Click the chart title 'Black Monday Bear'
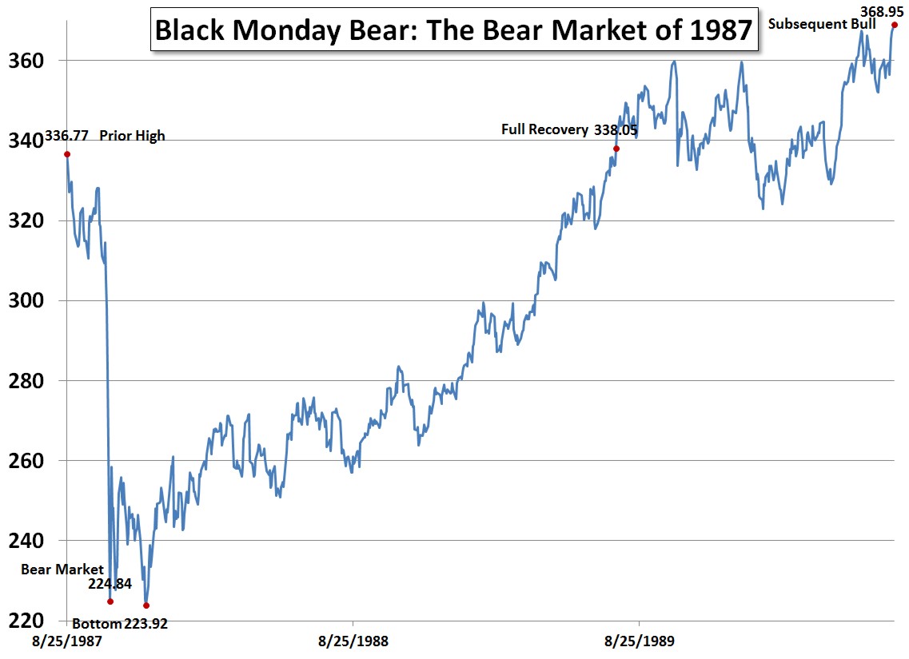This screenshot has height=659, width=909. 453,31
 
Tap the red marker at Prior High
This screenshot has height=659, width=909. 67,154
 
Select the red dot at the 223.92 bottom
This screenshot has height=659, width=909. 146,605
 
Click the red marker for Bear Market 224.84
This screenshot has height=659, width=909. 110,601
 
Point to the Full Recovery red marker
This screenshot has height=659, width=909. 616,149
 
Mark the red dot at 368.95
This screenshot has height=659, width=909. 895,25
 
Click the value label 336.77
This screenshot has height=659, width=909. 67,136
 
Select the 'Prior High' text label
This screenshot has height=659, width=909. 132,136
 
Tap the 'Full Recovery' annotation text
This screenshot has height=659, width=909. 544,129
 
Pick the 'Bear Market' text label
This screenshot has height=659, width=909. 62,569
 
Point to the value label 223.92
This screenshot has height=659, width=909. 146,624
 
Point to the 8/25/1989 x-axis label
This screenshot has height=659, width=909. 638,641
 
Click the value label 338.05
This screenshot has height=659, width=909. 616,129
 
